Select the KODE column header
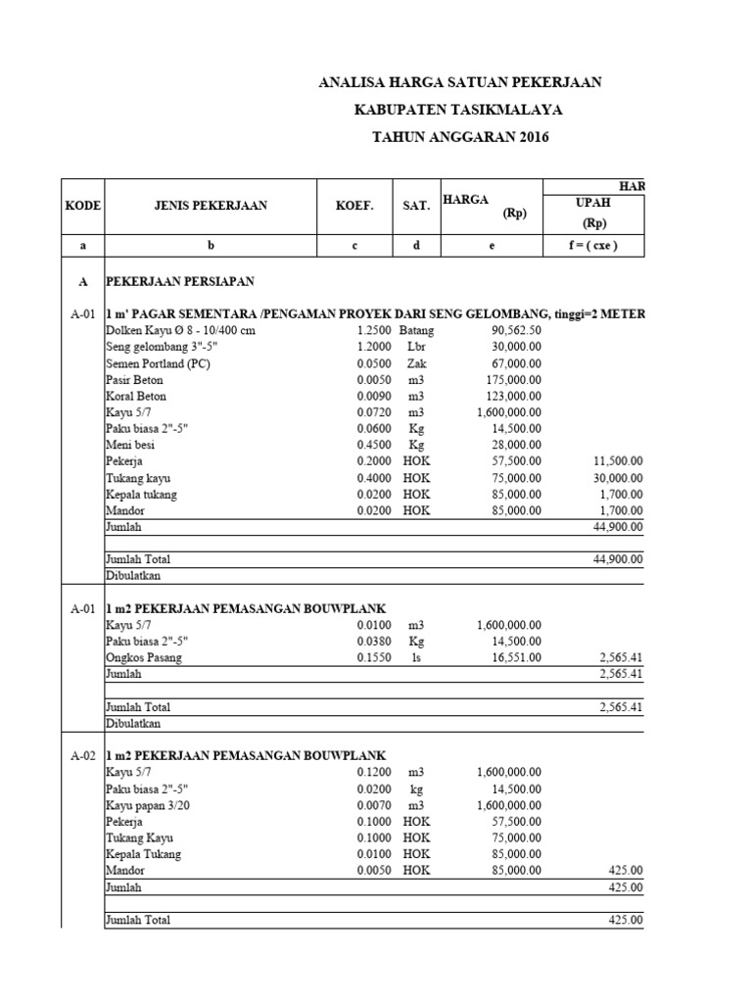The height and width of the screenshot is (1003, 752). point(83,206)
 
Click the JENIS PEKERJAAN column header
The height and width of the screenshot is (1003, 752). point(210,206)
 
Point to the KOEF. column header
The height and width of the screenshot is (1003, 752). point(353,206)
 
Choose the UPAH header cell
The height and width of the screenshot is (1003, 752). point(593,203)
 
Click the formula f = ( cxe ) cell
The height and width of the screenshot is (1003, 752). point(593,246)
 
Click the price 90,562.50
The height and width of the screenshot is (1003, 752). point(516,331)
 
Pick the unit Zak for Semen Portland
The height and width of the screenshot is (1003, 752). point(415,363)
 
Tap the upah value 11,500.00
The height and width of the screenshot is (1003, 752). point(619,460)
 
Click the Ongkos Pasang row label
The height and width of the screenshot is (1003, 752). point(144,658)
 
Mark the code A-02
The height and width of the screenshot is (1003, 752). point(82,755)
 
